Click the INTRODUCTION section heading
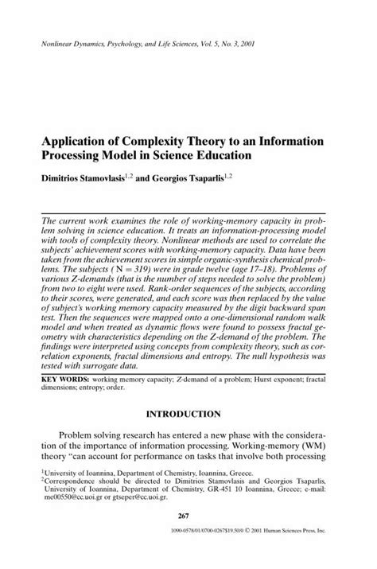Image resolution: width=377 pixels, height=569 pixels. (x=188, y=414)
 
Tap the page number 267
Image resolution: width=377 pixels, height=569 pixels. (x=188, y=539)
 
